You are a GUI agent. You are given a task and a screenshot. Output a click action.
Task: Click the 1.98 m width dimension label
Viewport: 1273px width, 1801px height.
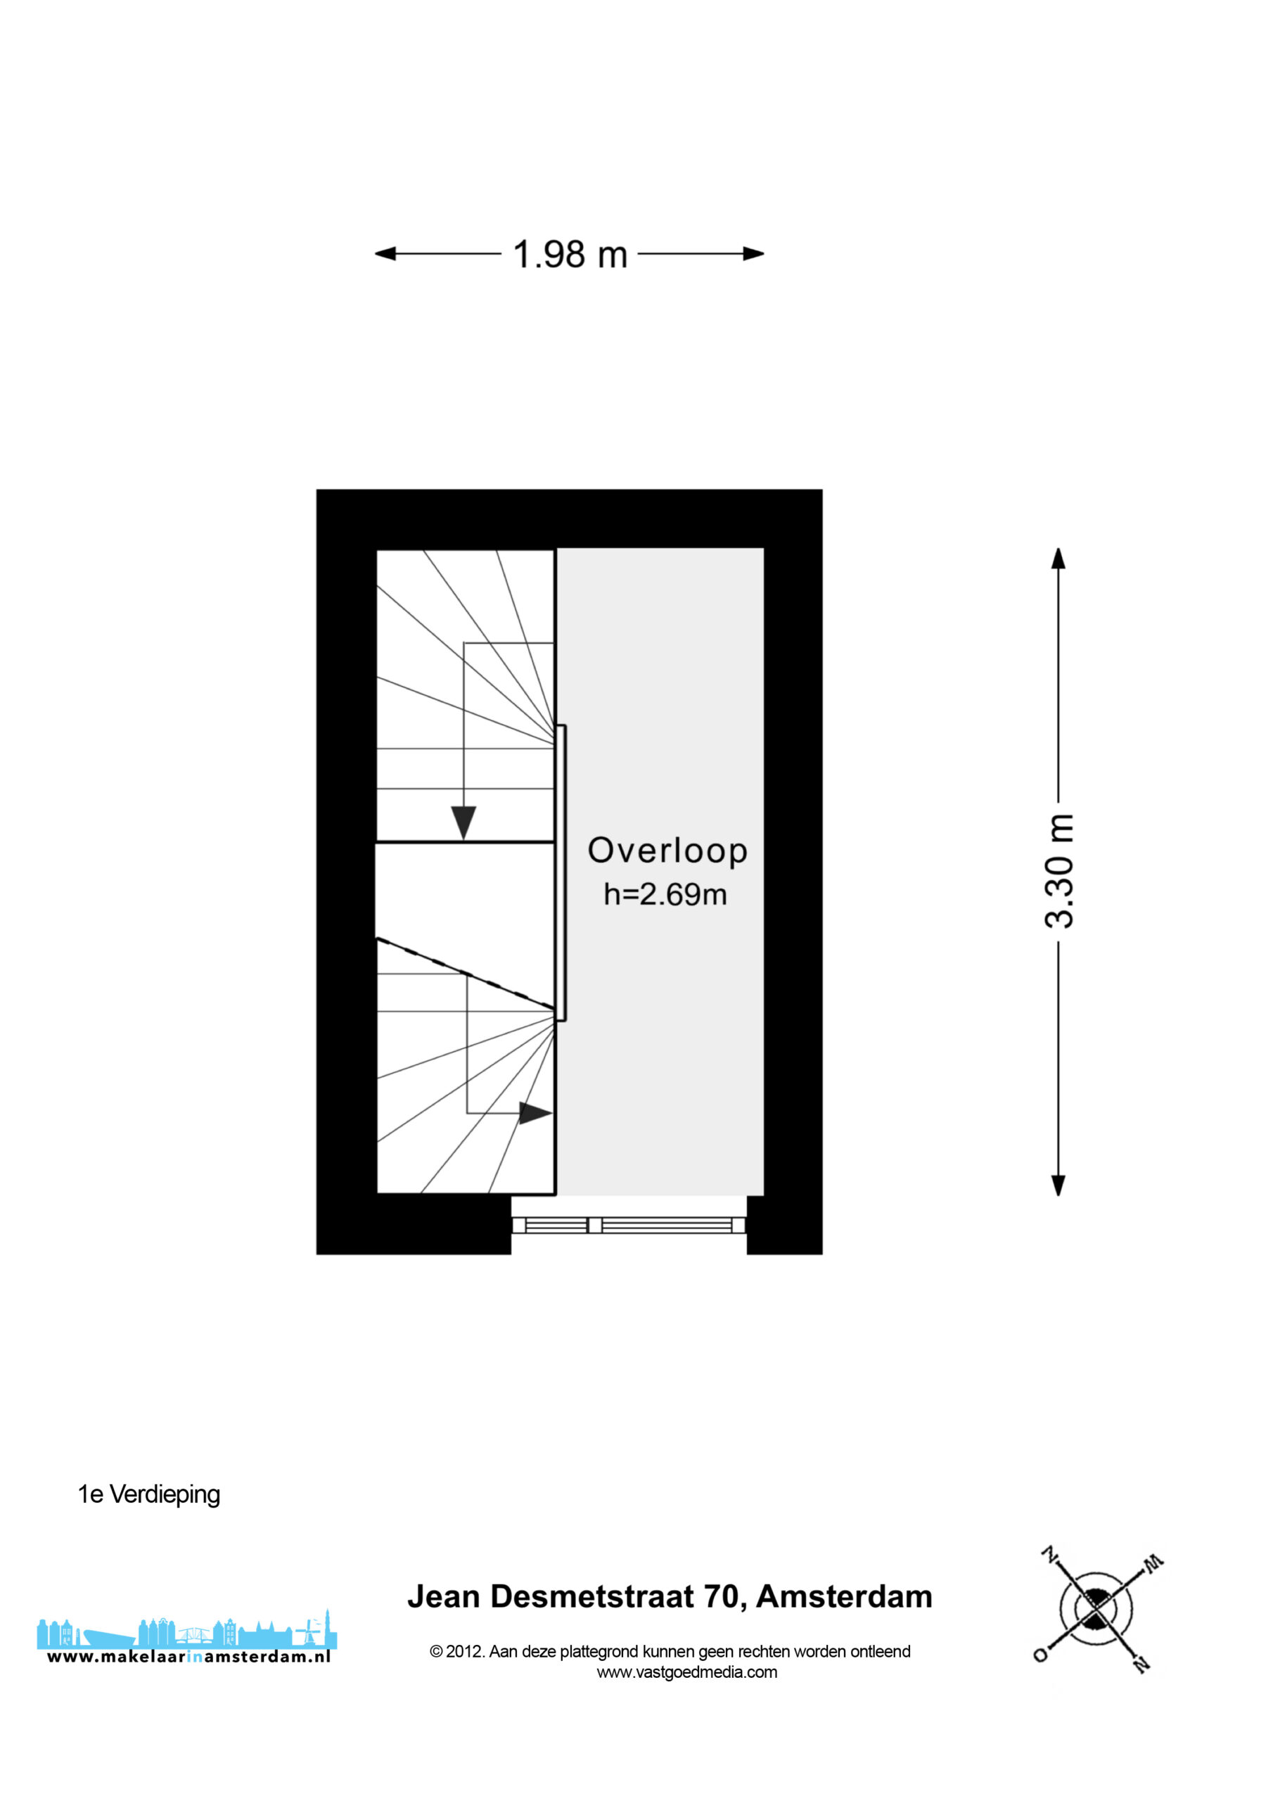[570, 254]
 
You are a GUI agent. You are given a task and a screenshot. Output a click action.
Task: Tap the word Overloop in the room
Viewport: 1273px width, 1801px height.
[667, 851]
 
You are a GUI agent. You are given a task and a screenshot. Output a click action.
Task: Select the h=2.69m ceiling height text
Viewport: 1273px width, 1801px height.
[665, 894]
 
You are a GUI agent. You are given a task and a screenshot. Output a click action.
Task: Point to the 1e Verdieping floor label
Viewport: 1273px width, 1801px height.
[149, 1494]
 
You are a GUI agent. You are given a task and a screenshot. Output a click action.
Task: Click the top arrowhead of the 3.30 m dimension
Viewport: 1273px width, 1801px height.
[1058, 558]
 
